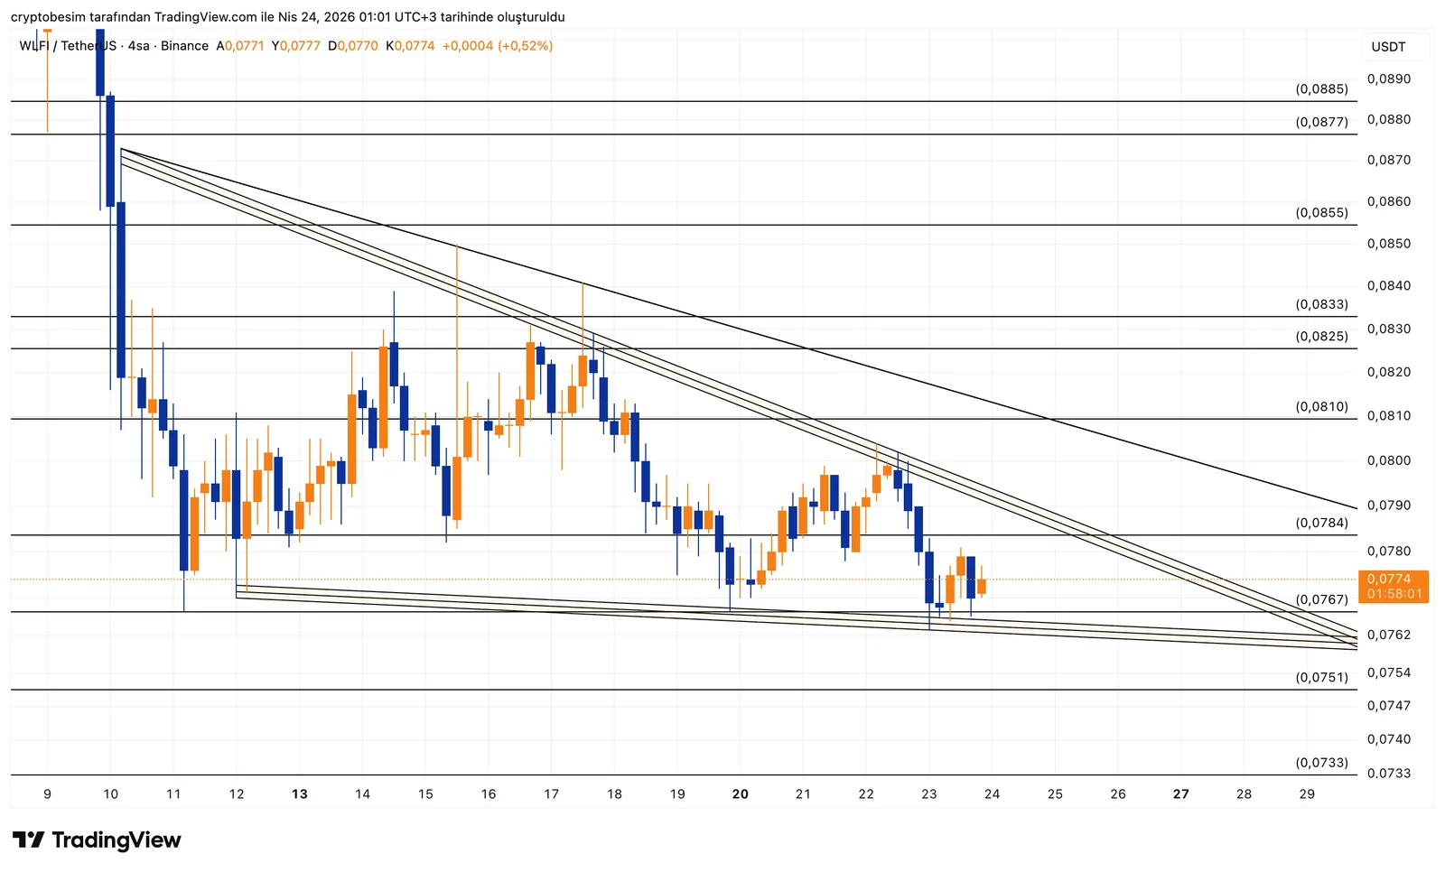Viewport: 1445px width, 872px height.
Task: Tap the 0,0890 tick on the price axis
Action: pyautogui.click(x=1388, y=79)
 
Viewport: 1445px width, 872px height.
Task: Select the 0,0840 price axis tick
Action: pyautogui.click(x=1388, y=285)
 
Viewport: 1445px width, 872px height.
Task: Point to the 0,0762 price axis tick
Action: pyautogui.click(x=1388, y=635)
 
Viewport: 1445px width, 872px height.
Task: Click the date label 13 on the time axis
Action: pyautogui.click(x=300, y=794)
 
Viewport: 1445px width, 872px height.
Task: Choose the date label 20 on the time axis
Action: pyautogui.click(x=741, y=794)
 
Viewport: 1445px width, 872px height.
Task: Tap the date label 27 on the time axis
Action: pyautogui.click(x=1180, y=794)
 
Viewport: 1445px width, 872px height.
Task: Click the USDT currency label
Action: pyautogui.click(x=1388, y=47)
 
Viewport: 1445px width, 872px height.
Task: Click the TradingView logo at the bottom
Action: pyautogui.click(x=98, y=840)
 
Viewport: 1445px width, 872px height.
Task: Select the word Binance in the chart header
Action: pyautogui.click(x=184, y=46)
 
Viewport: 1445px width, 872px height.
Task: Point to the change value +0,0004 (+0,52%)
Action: pyautogui.click(x=497, y=46)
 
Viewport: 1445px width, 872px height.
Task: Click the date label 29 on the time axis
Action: pyautogui.click(x=1307, y=794)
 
